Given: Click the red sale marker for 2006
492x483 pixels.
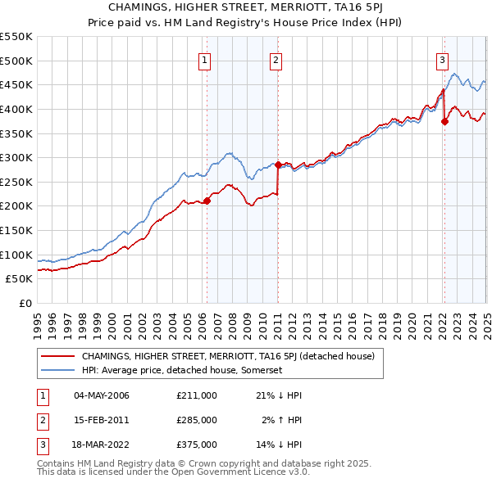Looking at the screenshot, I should [x=207, y=200].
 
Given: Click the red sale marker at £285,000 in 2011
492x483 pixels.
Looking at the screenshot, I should [x=279, y=165].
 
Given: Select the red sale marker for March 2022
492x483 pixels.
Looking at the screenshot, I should [x=444, y=121].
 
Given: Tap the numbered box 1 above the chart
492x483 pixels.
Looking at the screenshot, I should [x=203, y=59].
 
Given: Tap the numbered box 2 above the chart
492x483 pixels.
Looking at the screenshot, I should [x=276, y=59].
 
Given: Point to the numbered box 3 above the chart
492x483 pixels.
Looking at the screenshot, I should [x=442, y=59].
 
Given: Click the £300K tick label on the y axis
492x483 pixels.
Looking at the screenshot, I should [x=16, y=157].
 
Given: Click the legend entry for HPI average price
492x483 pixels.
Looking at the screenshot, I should [x=182, y=370].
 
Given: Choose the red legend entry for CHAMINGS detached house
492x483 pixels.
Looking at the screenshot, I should [x=228, y=356].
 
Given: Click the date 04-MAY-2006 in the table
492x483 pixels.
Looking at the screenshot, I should [x=102, y=395].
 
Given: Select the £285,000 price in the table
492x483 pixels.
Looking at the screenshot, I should [x=197, y=420].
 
